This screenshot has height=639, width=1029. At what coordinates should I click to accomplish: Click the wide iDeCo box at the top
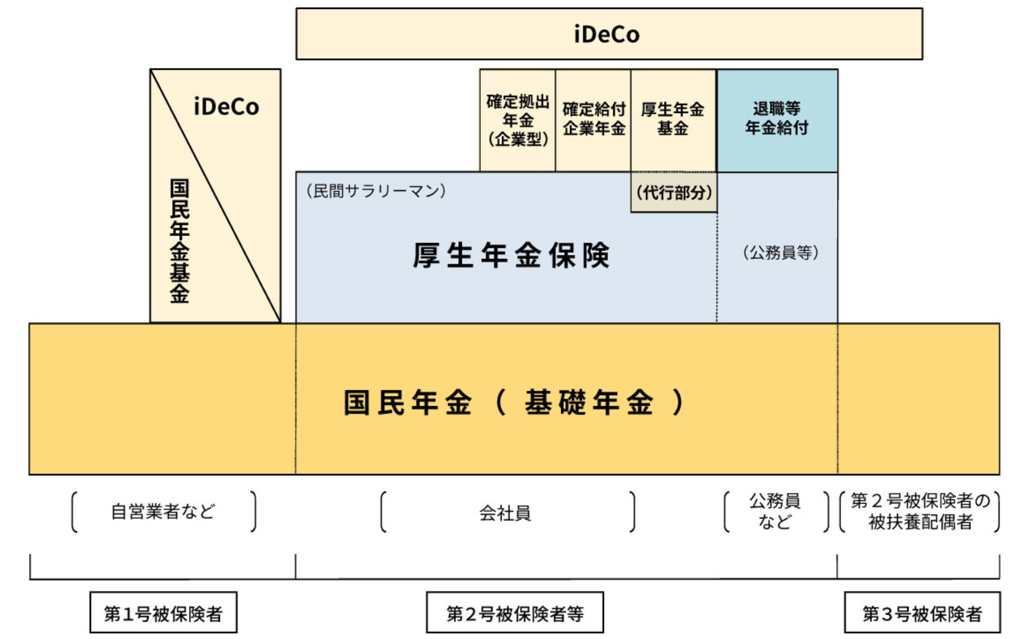point(609,34)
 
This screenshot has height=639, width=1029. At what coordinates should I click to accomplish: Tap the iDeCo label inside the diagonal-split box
point(226,107)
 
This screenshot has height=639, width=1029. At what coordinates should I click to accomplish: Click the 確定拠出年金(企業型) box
point(517,121)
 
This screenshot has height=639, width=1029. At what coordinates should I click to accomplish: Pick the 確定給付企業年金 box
point(593,120)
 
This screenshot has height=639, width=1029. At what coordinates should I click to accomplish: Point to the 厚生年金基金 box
point(673,120)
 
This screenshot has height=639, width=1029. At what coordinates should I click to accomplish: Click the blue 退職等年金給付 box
point(777,119)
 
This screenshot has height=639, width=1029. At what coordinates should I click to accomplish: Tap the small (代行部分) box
point(674,192)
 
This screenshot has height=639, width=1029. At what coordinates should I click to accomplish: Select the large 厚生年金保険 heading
point(511,256)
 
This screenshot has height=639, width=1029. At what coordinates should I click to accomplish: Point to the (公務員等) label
point(780,253)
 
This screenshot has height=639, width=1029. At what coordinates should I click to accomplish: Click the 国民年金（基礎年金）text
point(514,402)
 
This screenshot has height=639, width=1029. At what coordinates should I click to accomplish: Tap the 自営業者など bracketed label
point(163,511)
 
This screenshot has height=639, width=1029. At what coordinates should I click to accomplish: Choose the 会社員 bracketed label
point(505,512)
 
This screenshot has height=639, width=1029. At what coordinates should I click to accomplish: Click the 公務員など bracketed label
point(774,511)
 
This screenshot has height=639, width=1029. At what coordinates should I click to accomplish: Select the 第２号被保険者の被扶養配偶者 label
point(920,511)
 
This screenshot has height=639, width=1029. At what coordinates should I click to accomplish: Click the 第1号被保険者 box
point(163,613)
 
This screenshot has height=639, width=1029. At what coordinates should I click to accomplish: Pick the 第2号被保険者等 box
point(514,613)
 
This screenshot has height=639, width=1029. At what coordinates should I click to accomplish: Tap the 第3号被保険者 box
point(922,613)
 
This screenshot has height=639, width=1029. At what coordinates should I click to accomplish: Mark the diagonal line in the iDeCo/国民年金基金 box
point(216,196)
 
